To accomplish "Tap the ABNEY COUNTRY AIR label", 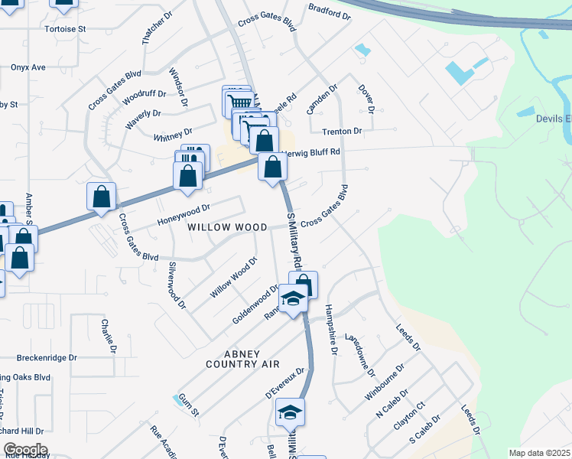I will click(243, 359).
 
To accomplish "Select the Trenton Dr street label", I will click(341, 132).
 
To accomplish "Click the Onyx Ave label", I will click(28, 67).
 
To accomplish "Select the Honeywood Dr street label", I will click(184, 215).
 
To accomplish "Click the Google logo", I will click(25, 450).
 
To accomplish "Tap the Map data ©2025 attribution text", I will click(538, 453).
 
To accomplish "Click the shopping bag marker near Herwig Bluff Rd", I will click(271, 167).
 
